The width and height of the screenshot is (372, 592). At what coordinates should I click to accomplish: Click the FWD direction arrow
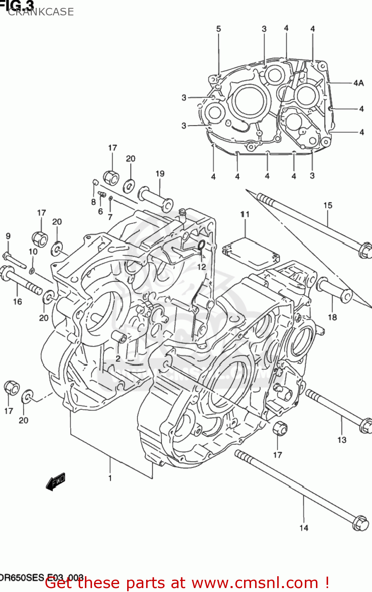coord(55,481)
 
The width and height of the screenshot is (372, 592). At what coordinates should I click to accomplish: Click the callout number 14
coord(304,528)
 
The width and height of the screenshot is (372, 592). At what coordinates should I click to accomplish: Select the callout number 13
coord(342,440)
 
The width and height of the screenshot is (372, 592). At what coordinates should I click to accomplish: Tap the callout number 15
coord(328,205)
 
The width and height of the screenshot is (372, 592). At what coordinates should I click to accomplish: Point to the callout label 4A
coord(358,83)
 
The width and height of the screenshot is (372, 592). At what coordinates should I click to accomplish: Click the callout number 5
coord(218,29)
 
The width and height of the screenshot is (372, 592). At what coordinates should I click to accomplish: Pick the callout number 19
coord(160,174)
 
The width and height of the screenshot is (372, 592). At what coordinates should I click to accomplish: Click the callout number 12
coord(201,267)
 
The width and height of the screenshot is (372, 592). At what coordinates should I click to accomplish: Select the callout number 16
coord(17,302)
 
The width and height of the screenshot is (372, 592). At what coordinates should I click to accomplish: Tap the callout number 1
coord(110,478)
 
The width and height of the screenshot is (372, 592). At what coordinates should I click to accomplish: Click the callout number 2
coord(118,358)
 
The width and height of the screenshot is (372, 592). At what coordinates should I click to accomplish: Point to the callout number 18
coord(332,317)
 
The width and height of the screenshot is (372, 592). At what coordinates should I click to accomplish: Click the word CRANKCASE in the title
coord(41,12)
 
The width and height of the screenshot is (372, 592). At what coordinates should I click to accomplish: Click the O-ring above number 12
coord(201,245)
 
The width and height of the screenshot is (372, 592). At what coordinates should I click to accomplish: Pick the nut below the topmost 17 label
coord(111,178)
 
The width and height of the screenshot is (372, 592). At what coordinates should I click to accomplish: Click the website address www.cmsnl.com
coord(255,583)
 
